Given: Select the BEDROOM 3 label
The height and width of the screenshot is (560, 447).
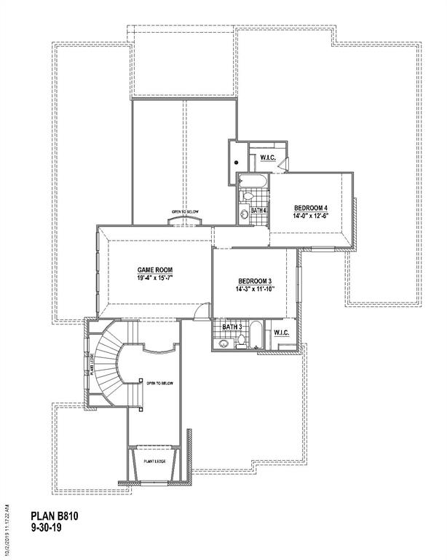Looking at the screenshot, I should (x=255, y=281).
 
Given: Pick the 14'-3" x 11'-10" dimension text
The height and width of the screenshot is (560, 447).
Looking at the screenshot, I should (x=255, y=290).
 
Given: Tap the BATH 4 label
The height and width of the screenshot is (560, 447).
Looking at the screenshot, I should (x=258, y=211).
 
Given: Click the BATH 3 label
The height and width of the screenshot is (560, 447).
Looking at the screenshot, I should (x=232, y=327).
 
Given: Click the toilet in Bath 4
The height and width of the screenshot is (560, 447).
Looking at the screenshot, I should (x=246, y=196).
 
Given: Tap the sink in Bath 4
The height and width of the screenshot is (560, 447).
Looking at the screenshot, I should (x=244, y=214).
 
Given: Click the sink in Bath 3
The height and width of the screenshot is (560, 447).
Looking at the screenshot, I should (x=223, y=342).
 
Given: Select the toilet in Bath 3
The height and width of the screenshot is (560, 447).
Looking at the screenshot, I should (x=240, y=343).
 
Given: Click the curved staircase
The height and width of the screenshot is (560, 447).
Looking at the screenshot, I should (x=109, y=357).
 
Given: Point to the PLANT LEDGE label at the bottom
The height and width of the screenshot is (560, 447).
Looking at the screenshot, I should (x=153, y=461).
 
